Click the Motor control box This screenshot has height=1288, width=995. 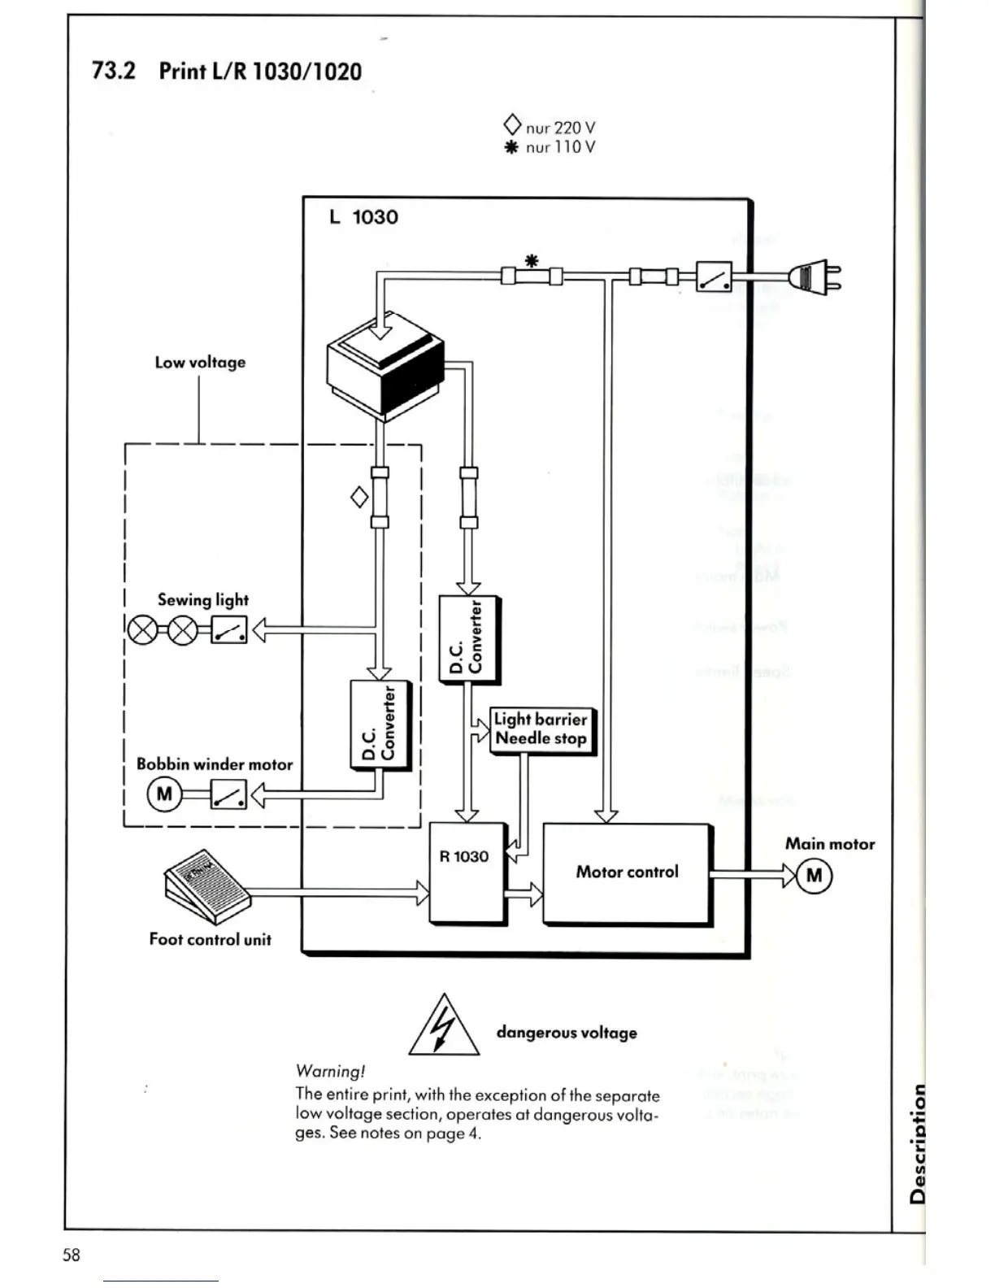627,872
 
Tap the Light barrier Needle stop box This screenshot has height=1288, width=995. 541,729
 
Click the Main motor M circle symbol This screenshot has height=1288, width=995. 815,876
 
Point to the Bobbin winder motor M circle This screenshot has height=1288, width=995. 164,794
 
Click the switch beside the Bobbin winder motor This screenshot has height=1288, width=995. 228,794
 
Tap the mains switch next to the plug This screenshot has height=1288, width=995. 715,277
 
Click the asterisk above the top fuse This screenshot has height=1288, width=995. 532,261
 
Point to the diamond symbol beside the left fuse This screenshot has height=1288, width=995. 358,497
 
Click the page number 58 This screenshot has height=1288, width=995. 72,1255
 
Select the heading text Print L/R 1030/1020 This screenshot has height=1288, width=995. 260,72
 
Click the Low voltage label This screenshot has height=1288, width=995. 200,363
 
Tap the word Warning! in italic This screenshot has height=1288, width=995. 330,1071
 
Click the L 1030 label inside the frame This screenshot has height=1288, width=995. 363,217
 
